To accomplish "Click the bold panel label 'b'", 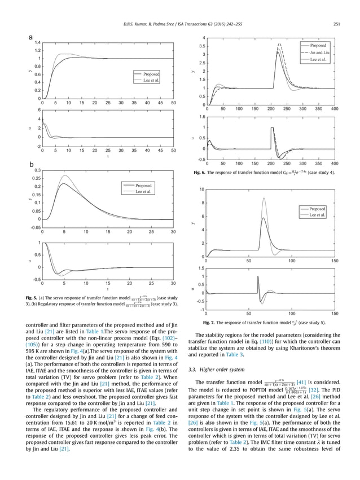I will pyautogui.click(x=32, y=164).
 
